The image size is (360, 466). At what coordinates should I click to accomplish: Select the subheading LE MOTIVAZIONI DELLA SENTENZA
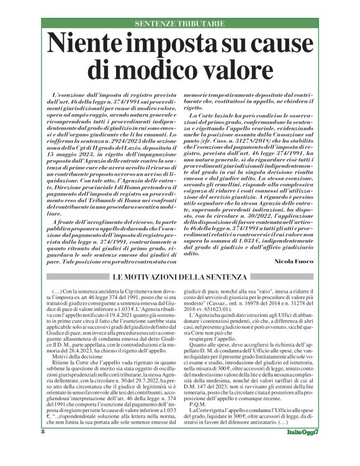coord(180,276)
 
